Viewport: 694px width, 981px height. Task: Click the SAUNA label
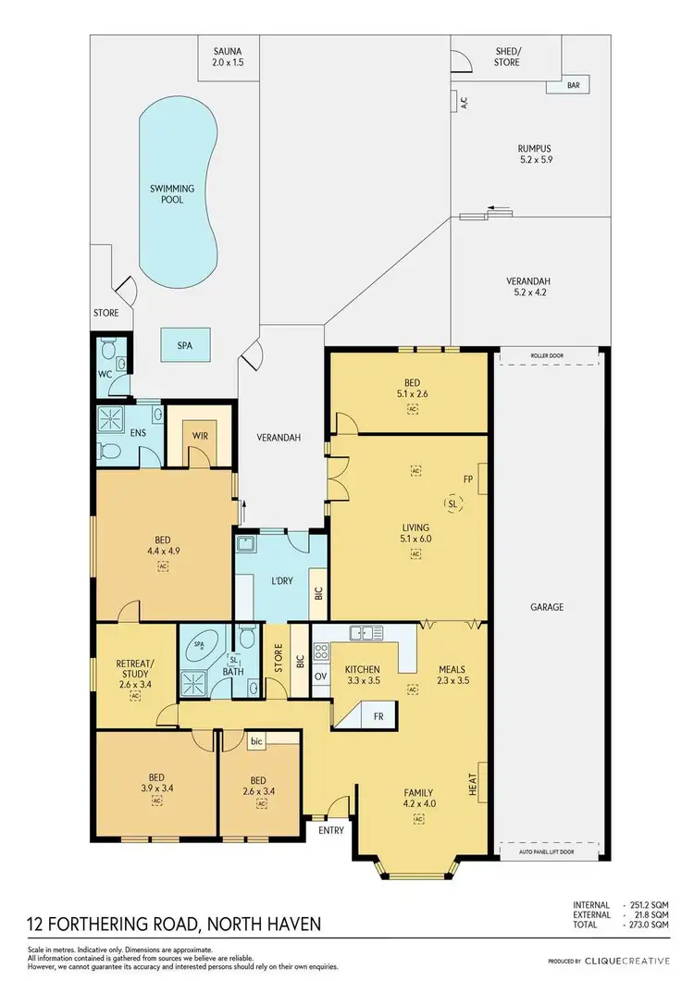[x=229, y=52]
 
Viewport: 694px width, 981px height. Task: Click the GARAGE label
[x=547, y=607]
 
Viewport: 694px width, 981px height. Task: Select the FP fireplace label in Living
[x=468, y=480]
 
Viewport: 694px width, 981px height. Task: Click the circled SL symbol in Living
[x=452, y=505]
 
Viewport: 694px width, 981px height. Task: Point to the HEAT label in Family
[x=472, y=784]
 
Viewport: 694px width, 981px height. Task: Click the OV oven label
[x=321, y=677]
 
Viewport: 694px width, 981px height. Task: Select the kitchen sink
[x=367, y=633]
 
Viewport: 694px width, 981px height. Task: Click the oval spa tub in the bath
[x=202, y=646]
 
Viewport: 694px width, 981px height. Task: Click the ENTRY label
[x=331, y=830]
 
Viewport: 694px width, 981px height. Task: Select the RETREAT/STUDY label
[x=134, y=666]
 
